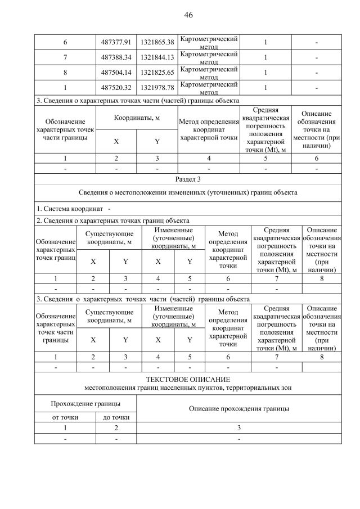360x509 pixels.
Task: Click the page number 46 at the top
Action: pos(188,15)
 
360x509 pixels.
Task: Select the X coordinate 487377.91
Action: pos(116,42)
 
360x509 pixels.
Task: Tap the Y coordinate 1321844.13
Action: pos(157,57)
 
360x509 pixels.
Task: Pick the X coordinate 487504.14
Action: pos(116,73)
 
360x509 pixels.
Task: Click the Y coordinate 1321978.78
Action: pos(157,88)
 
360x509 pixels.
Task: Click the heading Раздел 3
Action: pos(188,179)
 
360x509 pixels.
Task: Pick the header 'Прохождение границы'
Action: pos(85,404)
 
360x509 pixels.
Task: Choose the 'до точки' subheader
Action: pos(116,417)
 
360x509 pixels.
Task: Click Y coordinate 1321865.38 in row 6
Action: pos(157,42)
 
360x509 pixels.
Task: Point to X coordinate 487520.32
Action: pos(116,88)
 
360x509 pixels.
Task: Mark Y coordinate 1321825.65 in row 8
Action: pos(157,73)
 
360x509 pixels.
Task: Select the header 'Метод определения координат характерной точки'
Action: pos(209,130)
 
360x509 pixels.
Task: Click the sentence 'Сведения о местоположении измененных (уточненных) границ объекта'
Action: pos(188,192)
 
